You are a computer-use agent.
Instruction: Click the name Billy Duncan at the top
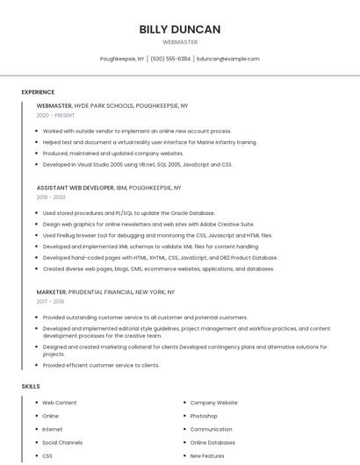pyautogui.click(x=180, y=29)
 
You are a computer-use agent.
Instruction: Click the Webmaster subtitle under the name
pyautogui.click(x=180, y=42)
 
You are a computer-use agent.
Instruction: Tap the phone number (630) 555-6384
pyautogui.click(x=170, y=59)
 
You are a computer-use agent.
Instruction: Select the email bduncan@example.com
pyautogui.click(x=228, y=59)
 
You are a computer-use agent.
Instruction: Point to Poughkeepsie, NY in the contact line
pyautogui.click(x=122, y=59)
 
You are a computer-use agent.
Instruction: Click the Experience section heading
pyautogui.click(x=38, y=92)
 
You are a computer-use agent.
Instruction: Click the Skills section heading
pyautogui.click(x=31, y=386)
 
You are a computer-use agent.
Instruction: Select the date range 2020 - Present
pyautogui.click(x=55, y=116)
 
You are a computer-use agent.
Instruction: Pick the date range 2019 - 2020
pyautogui.click(x=51, y=197)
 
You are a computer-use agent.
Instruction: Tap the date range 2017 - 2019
pyautogui.click(x=50, y=302)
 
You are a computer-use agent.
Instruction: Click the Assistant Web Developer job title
pyautogui.click(x=76, y=188)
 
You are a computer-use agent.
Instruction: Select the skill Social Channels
pyautogui.click(x=62, y=443)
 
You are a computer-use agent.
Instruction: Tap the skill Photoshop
pyautogui.click(x=204, y=416)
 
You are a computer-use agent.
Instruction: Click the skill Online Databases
pyautogui.click(x=212, y=443)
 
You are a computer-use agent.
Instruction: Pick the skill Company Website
pyautogui.click(x=213, y=403)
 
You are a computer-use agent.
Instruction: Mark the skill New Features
pyautogui.click(x=207, y=456)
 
